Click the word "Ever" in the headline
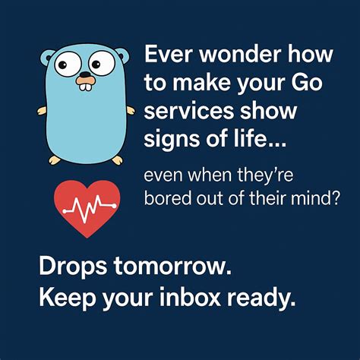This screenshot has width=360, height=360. tap(166, 55)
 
